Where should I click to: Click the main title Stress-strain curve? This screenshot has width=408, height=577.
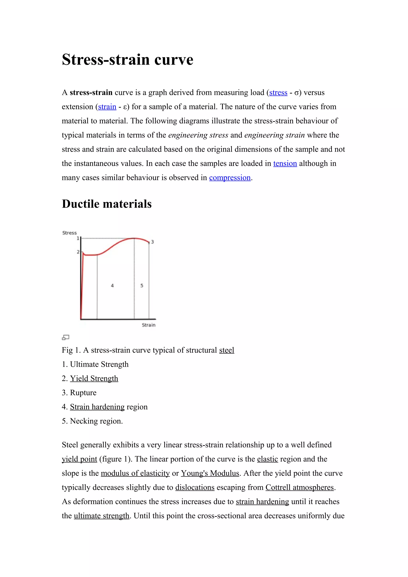click(x=127, y=60)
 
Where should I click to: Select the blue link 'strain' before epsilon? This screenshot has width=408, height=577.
click(x=107, y=107)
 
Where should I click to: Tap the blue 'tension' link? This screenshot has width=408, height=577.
click(x=285, y=164)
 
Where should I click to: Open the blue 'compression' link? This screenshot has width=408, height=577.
click(x=230, y=178)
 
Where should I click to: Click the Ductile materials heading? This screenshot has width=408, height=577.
click(x=107, y=204)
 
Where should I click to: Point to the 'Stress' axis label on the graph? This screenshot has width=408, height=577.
click(x=69, y=233)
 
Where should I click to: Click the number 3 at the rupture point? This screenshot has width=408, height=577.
click(x=152, y=242)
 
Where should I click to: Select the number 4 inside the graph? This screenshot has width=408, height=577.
click(x=112, y=286)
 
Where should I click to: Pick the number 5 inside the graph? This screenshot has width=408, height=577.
click(x=142, y=286)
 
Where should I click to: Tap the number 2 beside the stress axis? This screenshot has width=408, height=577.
click(x=78, y=252)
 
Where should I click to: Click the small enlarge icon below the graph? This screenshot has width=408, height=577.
click(x=65, y=337)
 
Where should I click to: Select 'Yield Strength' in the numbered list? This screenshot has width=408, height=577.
click(x=94, y=378)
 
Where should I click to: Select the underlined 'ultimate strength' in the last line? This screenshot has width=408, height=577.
click(x=101, y=516)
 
